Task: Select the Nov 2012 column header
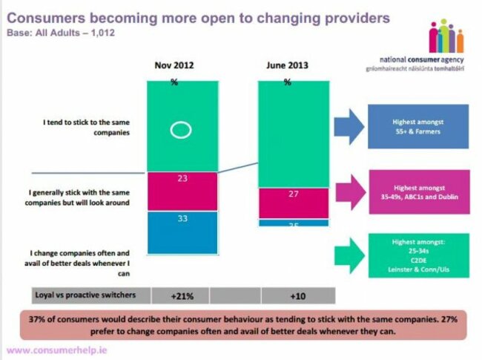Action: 175,66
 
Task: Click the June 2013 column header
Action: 286,66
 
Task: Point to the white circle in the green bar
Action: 181,130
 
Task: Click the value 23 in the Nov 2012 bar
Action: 182,179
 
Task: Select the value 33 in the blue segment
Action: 182,220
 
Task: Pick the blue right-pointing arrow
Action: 346,129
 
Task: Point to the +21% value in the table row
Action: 182,295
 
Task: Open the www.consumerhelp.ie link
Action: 56,350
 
